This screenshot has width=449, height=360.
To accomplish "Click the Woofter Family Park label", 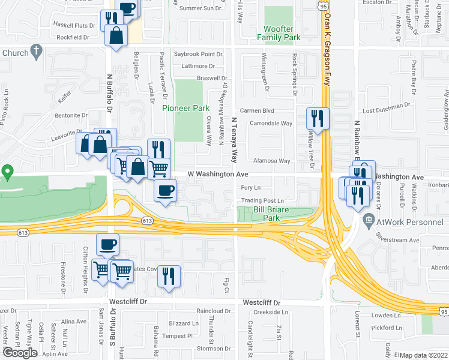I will [278, 32].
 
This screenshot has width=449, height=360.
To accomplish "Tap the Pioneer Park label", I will [185, 108].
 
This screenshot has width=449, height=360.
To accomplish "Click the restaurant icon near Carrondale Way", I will [317, 119].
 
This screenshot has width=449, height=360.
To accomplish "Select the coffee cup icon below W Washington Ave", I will [165, 191].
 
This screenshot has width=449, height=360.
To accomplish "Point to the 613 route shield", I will [147, 221].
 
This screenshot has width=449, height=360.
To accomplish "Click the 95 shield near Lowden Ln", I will [443, 311].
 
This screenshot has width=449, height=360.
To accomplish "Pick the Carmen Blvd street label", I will [257, 111].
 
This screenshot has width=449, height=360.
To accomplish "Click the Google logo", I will [20, 353].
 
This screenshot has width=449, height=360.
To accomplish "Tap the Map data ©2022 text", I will [423, 355].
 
